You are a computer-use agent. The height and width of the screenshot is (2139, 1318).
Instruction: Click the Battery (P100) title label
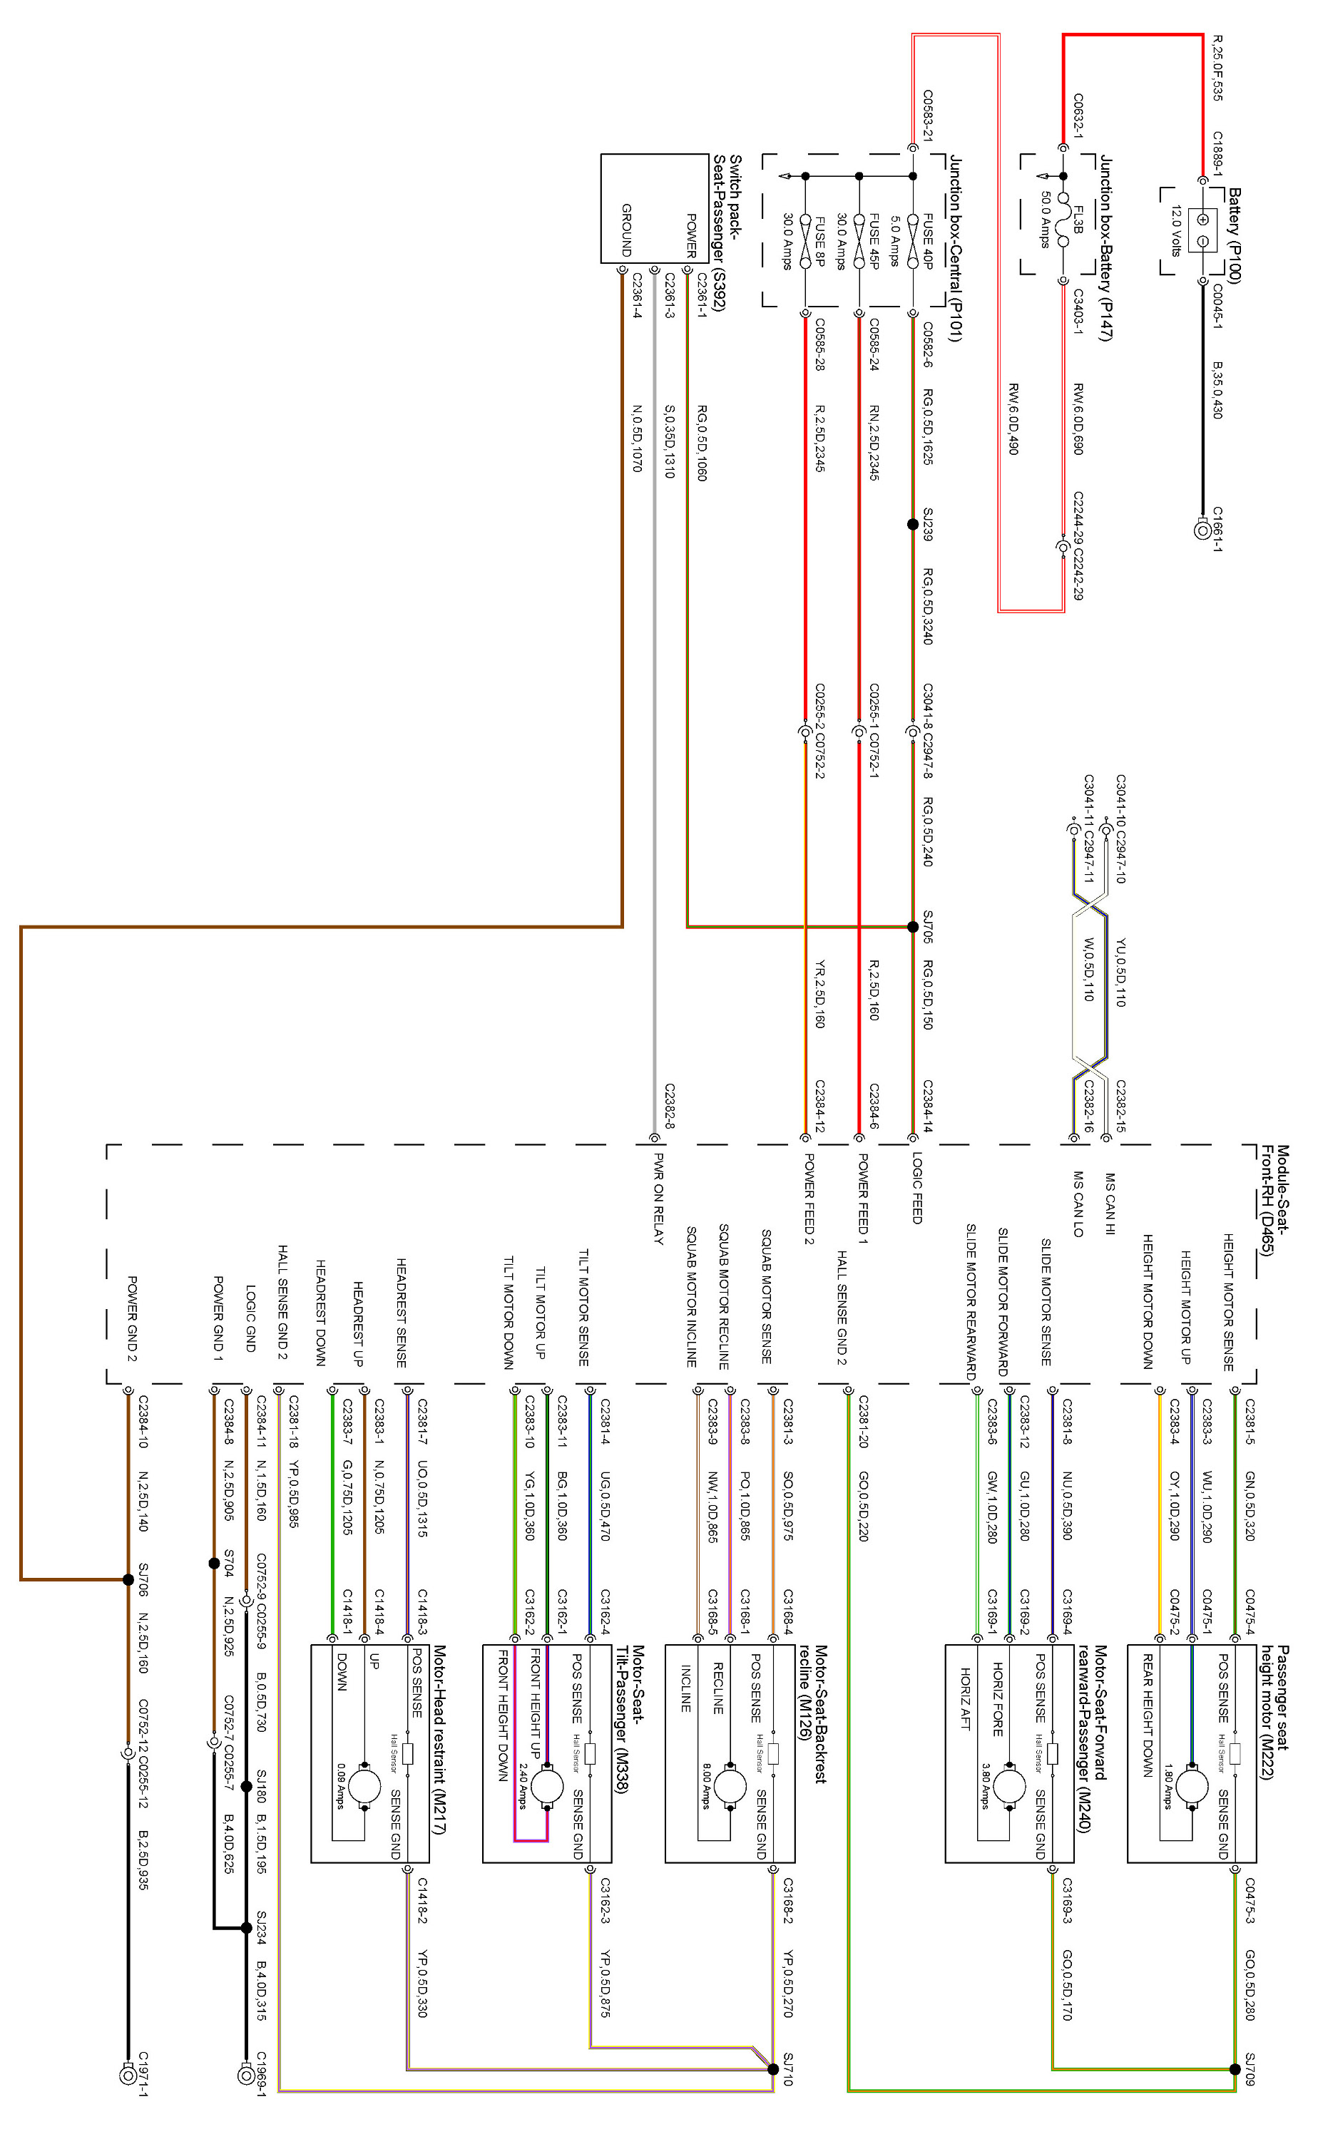pos(1233,235)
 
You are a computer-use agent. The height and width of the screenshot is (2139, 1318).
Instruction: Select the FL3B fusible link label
pos(1078,220)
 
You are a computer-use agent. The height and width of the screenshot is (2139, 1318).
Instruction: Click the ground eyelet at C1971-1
pos(127,2076)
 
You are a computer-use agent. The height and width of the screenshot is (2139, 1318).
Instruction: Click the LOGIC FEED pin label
pos(916,1188)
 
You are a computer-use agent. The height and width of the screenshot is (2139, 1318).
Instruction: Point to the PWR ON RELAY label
pos(658,1199)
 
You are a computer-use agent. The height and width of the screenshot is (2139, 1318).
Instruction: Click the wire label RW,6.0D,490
pos(1013,419)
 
